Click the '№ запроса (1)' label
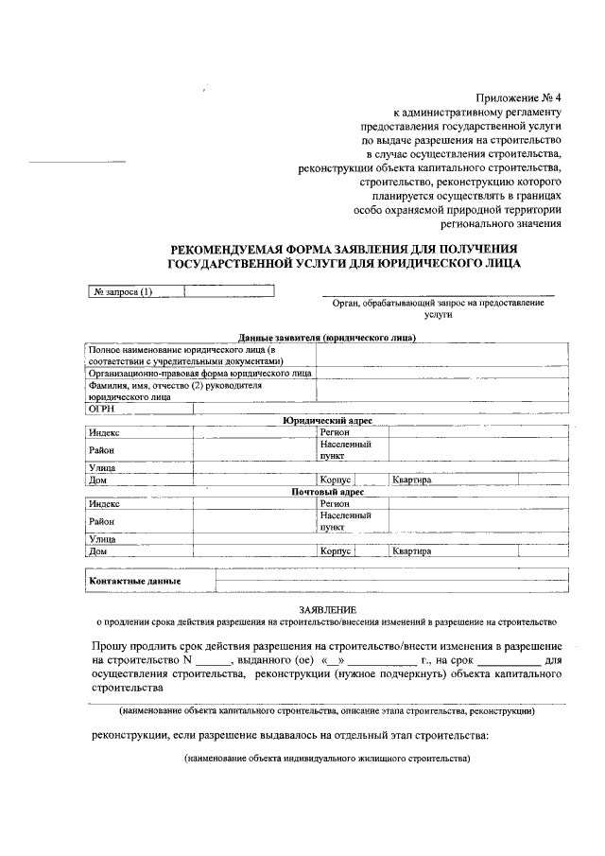coord(123,291)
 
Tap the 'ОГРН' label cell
coord(101,410)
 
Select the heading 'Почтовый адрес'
coord(327,492)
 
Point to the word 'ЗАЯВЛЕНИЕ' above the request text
coord(327,609)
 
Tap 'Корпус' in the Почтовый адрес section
coord(336,551)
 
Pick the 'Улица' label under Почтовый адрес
coord(102,539)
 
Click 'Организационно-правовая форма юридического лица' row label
coord(199,374)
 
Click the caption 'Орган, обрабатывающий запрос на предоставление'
coord(439,303)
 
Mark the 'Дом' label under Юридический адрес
coord(97,480)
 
